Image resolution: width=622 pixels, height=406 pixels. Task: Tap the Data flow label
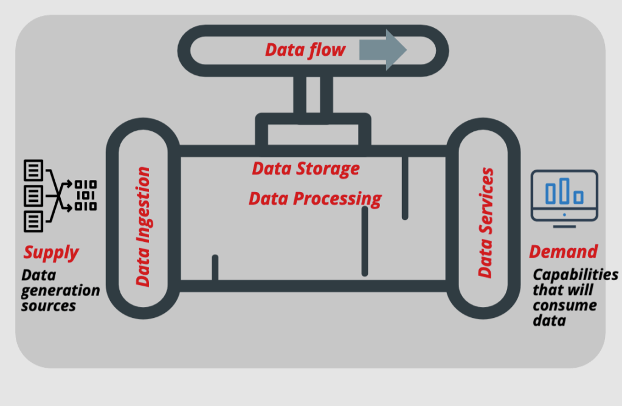pos(305,50)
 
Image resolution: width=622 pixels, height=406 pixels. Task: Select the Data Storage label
pos(306,168)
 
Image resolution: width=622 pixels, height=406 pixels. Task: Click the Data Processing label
pos(315,198)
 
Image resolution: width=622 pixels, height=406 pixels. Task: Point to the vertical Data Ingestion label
pos(142,227)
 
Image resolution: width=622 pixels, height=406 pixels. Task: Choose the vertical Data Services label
pos(485,223)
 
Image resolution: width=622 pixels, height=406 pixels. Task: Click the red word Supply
pos(51,252)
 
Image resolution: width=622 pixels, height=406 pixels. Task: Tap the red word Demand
pos(563,251)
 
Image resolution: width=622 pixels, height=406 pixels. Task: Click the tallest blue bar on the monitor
pos(565,190)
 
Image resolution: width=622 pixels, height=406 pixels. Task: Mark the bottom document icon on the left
pos(33,220)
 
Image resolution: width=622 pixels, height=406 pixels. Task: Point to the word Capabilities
pos(575,275)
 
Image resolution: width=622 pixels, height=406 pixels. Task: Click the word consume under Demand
pos(565,305)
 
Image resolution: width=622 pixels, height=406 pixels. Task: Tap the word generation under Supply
pos(60,291)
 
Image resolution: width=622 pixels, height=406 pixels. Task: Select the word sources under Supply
pos(49,306)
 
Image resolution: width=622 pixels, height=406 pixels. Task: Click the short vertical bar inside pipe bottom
pos(215,267)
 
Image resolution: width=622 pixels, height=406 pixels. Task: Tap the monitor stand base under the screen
pos(564,227)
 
